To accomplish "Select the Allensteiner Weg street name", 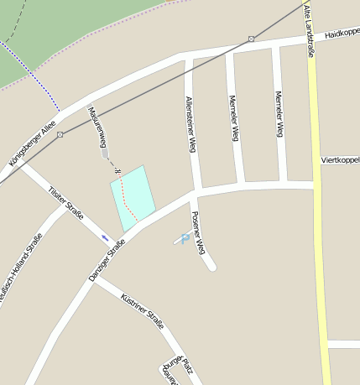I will click(190, 123).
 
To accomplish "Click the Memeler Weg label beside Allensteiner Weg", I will click(234, 117).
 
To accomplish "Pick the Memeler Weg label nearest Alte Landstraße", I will click(279, 113).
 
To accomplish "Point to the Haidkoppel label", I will click(342, 33).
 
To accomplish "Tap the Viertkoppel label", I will click(340, 159).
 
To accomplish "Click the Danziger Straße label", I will click(107, 260).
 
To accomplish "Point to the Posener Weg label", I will click(198, 233).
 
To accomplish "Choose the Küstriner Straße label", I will click(142, 310).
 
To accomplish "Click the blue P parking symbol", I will click(185, 238).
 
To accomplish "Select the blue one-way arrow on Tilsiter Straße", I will click(106, 238).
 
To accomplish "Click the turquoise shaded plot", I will click(134, 197).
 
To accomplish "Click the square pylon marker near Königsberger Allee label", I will click(60, 134).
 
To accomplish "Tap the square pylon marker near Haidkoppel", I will click(251, 39).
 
